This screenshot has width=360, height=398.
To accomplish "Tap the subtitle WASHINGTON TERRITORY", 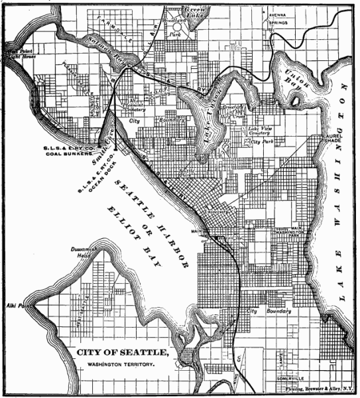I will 123,365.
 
